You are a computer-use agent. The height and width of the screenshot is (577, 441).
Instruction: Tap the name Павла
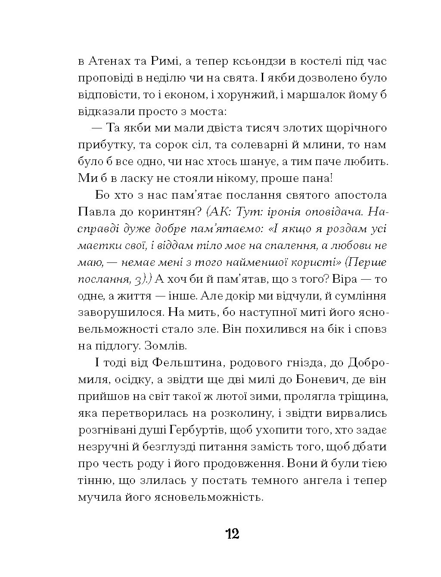pyautogui.click(x=94, y=212)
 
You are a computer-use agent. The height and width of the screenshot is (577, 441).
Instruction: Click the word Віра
pyautogui.click(x=345, y=279)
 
